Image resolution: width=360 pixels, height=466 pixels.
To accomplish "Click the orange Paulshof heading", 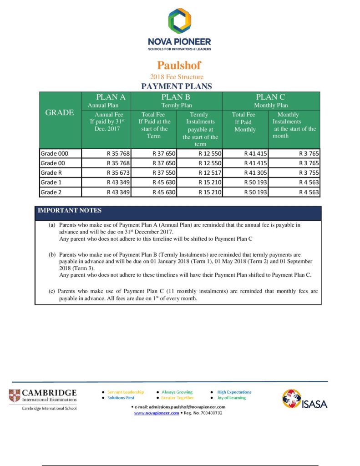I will point(179,65).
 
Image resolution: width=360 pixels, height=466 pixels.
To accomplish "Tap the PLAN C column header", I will point(270,97).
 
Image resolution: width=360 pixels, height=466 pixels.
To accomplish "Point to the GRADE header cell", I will point(60,113).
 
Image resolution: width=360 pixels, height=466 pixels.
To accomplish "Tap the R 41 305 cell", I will point(255,172).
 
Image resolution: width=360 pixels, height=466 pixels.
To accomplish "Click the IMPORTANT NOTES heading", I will point(70,211).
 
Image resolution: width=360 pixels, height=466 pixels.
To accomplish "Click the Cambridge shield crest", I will point(15,395).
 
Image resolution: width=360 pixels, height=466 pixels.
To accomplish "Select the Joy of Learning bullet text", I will point(231,398).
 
